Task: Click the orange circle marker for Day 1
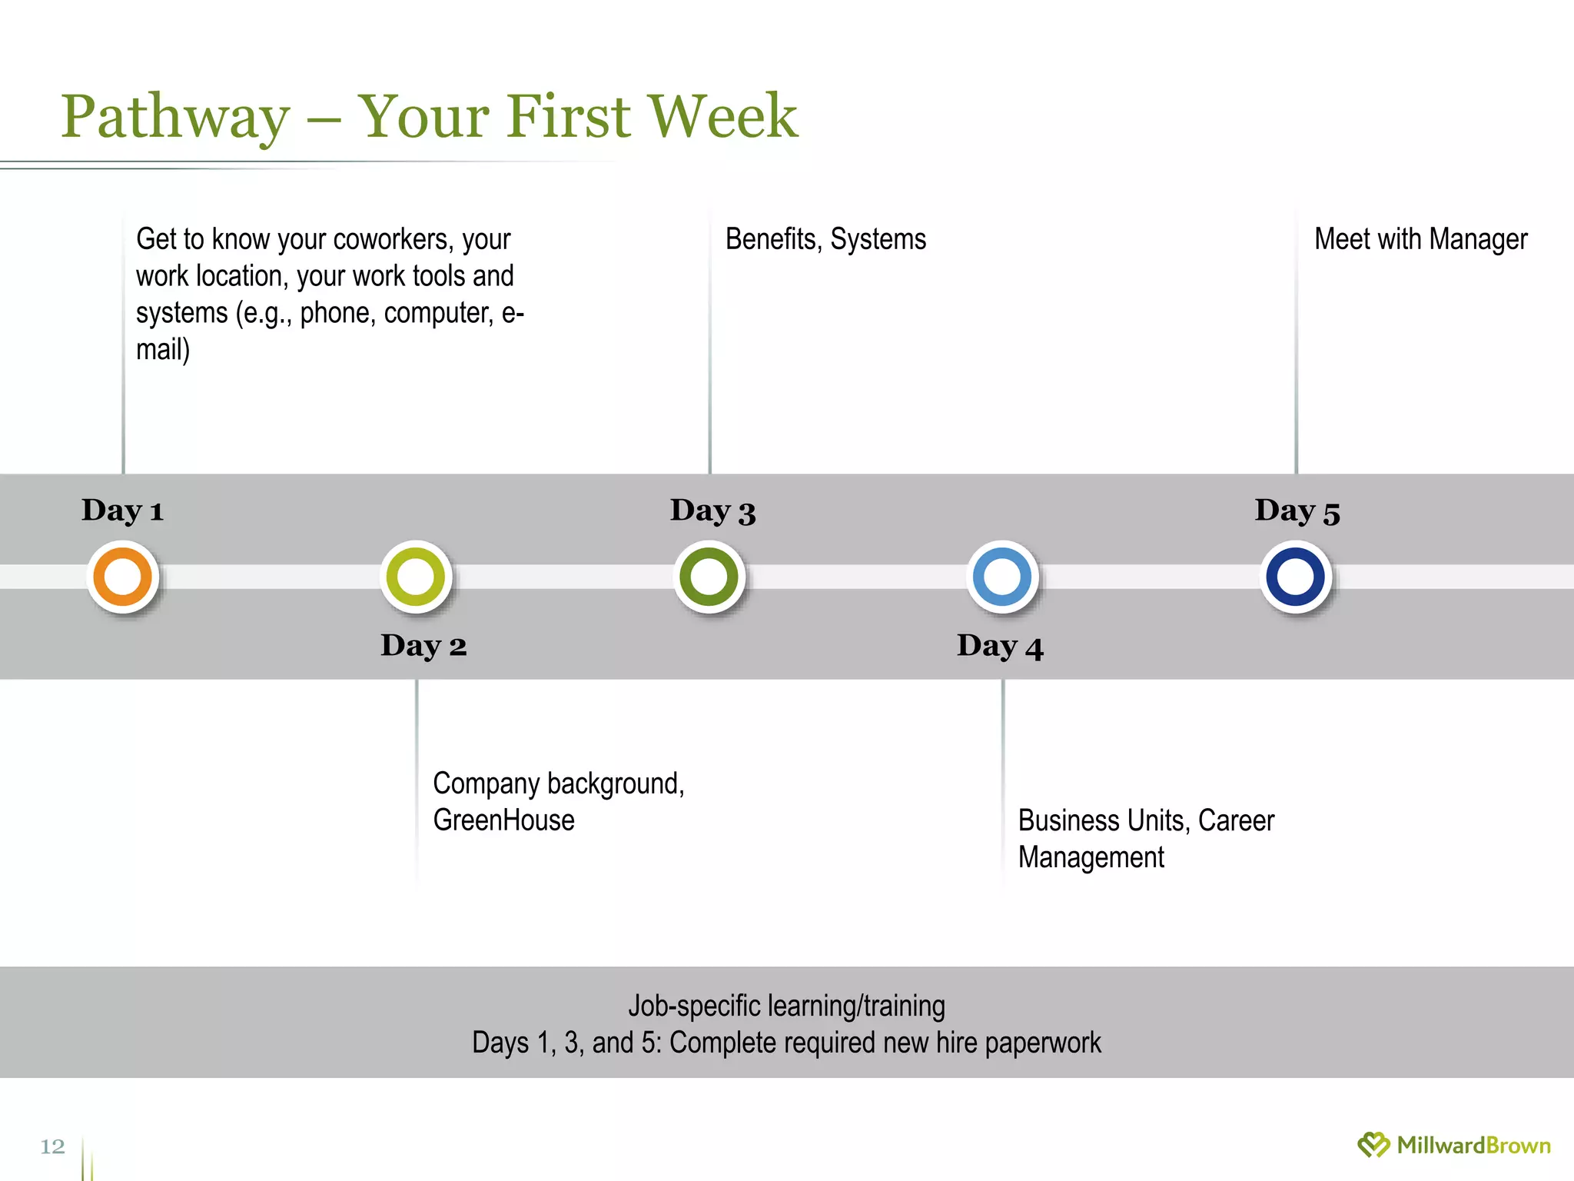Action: tap(123, 577)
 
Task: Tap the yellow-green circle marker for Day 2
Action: tap(416, 577)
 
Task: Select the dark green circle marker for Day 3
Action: tap(709, 577)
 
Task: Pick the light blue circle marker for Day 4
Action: tap(1002, 577)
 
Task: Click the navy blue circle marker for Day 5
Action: tap(1296, 577)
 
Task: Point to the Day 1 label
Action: tap(123, 511)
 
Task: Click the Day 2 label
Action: tap(423, 645)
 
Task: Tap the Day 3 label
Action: tap(712, 511)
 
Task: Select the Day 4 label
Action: tap(1000, 646)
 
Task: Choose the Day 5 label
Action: tap(1297, 511)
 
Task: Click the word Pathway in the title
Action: tap(175, 117)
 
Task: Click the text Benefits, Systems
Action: tap(825, 239)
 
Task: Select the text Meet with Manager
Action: tap(1420, 239)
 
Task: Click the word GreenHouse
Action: tap(503, 820)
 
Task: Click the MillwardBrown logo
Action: tap(1454, 1145)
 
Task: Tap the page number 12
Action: tap(52, 1146)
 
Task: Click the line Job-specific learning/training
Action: tap(786, 1006)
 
